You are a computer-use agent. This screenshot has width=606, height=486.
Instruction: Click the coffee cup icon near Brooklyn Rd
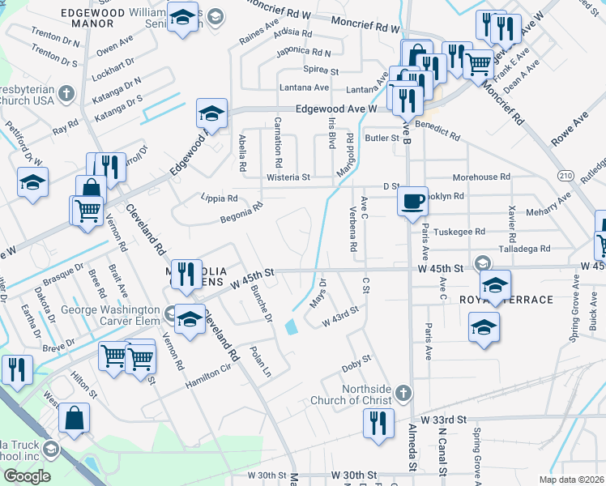point(413,200)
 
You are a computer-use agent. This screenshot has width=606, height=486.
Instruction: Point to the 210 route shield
point(565,175)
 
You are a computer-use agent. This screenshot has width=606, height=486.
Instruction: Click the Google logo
point(27,475)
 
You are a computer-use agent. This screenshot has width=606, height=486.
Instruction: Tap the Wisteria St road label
point(288,177)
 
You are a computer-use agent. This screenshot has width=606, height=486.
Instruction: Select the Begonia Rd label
point(241,212)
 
